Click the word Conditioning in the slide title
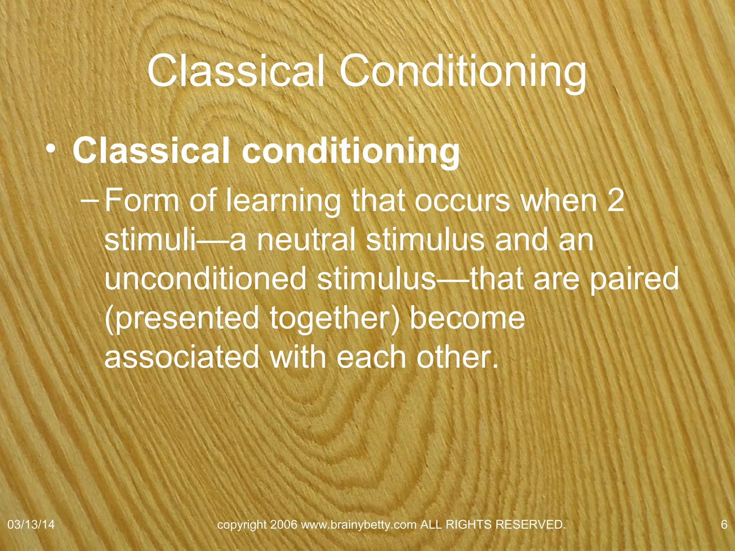[463, 72]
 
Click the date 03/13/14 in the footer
[31, 525]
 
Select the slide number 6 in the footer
[724, 525]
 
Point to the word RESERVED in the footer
[530, 525]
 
